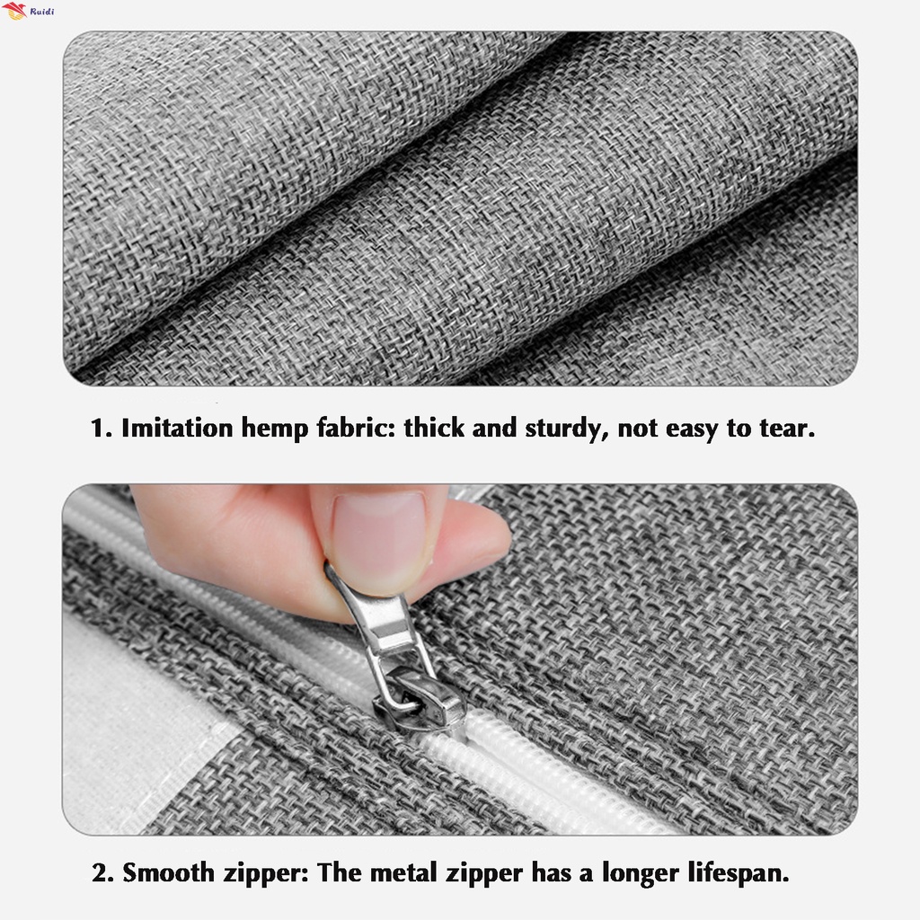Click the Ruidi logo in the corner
click(x=28, y=11)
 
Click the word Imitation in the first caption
click(x=177, y=428)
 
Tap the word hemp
click(x=275, y=429)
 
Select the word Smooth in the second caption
click(x=168, y=873)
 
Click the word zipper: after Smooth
click(x=266, y=874)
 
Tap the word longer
click(x=641, y=874)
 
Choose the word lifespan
click(x=739, y=874)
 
